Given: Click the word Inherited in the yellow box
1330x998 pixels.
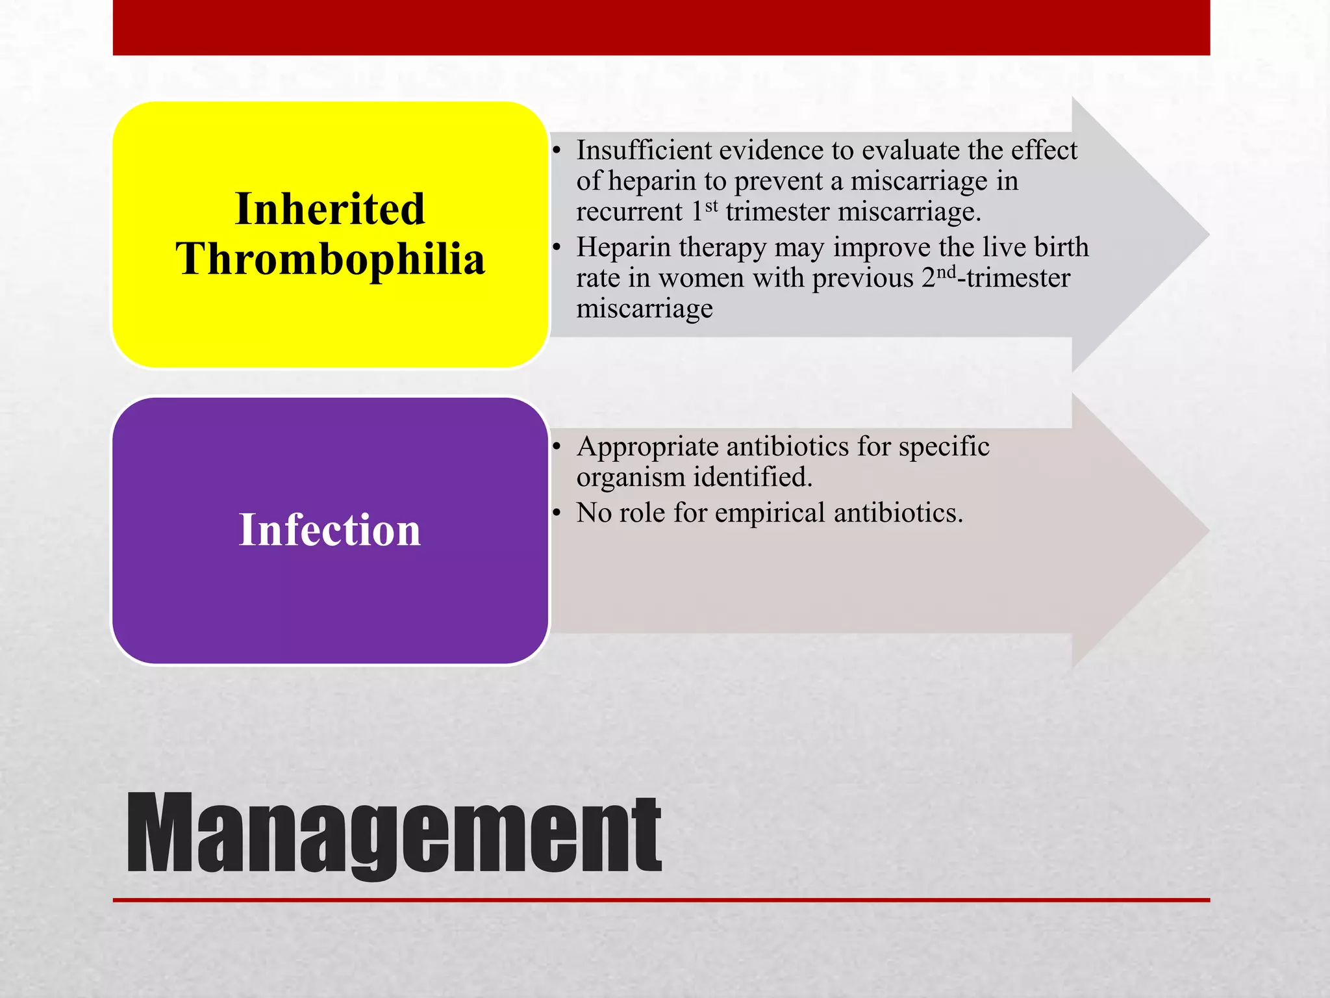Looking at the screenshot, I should (x=329, y=209).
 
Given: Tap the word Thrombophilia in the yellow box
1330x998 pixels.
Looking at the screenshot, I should (x=330, y=259).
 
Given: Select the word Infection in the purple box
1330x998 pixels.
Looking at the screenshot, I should (x=329, y=530).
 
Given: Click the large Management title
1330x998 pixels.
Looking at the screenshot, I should (x=394, y=834).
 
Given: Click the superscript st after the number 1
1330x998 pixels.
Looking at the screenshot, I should (x=712, y=206).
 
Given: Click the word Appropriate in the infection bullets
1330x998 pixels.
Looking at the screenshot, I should (x=647, y=448).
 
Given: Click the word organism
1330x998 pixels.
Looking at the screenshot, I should (x=631, y=478).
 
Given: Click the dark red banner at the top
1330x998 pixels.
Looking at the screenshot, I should (x=661, y=27).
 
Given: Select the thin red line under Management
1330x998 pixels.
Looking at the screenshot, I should (x=661, y=900).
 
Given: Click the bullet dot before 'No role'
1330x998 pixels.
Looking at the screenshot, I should (x=557, y=513).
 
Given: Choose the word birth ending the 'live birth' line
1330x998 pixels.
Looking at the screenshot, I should (x=1061, y=248).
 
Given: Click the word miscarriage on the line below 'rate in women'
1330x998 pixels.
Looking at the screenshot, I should (x=644, y=309).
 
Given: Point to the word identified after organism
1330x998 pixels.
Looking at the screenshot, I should (x=753, y=478).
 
